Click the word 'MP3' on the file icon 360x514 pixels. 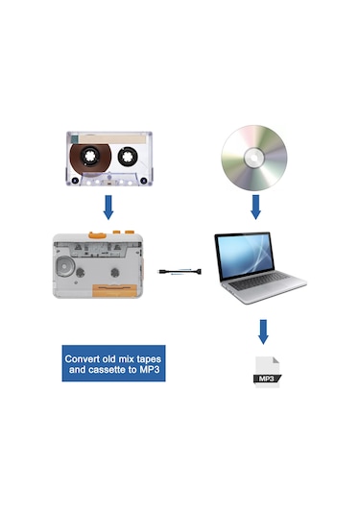tap(266, 379)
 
